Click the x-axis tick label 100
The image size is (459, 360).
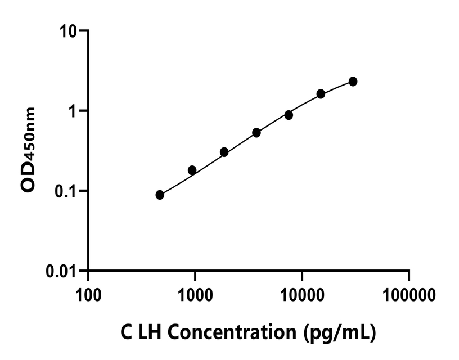[88, 294]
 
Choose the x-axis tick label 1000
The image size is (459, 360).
[195, 294]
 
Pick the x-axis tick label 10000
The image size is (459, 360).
[302, 294]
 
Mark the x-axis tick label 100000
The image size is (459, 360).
[409, 294]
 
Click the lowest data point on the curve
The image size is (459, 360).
[160, 195]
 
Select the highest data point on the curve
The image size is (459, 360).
[353, 82]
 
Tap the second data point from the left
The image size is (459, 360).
[192, 170]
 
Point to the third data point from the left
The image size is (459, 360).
[224, 152]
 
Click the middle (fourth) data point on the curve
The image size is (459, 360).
[256, 133]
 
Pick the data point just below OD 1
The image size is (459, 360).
[289, 115]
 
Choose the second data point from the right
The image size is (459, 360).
[321, 94]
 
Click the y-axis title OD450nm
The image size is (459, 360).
[30, 150]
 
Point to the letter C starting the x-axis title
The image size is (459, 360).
[127, 332]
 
